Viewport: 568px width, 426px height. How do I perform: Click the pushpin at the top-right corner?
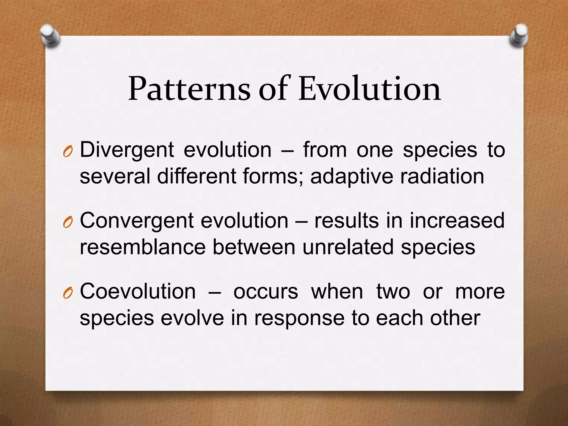point(518,36)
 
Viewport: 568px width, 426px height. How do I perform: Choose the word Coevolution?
point(138,292)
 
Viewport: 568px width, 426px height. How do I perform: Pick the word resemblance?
point(143,247)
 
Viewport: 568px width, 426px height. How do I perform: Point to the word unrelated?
point(348,247)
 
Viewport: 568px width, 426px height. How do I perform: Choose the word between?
point(254,247)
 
